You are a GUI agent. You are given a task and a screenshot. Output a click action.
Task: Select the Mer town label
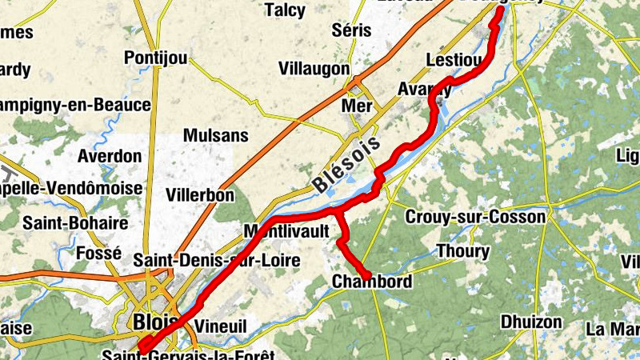357,106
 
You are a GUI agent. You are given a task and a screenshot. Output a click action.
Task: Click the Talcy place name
284,10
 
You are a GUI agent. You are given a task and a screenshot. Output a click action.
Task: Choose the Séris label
353,30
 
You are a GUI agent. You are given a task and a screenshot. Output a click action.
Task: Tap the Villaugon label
314,70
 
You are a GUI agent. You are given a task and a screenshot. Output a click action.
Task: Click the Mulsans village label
216,135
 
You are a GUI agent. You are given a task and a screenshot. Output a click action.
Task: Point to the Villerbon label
200,194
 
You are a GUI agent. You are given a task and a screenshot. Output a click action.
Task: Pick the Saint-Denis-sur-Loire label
217,260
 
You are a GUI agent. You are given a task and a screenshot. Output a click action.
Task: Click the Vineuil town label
221,326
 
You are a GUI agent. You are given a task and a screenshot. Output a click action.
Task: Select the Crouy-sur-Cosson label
476,217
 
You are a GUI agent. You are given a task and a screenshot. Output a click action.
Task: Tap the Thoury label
462,251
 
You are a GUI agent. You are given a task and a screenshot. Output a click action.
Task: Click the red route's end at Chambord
367,277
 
